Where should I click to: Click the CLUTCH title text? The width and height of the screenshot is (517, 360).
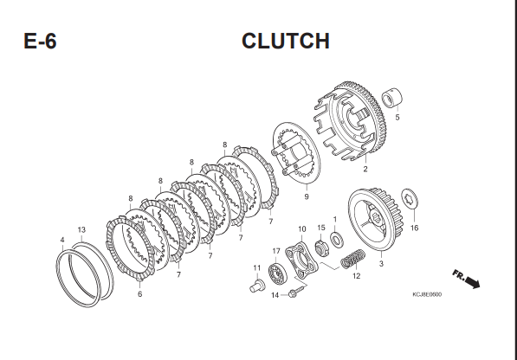[x=286, y=42]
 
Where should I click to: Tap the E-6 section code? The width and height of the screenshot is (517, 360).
[x=40, y=42]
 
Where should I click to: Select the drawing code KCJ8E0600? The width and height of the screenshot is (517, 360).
[x=427, y=294]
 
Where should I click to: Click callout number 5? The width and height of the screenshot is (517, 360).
[x=397, y=117]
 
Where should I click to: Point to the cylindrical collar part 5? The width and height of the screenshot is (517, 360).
[x=392, y=97]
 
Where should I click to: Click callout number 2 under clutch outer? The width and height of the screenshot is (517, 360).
[x=365, y=169]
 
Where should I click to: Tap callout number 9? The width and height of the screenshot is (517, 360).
[x=307, y=196]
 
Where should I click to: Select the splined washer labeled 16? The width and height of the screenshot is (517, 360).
[x=410, y=199]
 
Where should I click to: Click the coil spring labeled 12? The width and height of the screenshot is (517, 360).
[x=352, y=259]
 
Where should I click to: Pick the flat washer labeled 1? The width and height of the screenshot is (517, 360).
[x=337, y=240]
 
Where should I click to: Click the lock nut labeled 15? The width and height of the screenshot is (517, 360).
[x=320, y=248]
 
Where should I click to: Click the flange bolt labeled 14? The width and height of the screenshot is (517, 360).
[x=297, y=291]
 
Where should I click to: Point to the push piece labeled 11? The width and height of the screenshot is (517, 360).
[x=257, y=286]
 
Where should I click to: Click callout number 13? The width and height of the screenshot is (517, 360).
[x=81, y=230]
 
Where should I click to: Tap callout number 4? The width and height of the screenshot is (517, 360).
[x=62, y=240]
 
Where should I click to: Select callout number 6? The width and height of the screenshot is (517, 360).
[x=139, y=294]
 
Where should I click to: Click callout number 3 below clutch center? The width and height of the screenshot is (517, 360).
[x=381, y=264]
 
